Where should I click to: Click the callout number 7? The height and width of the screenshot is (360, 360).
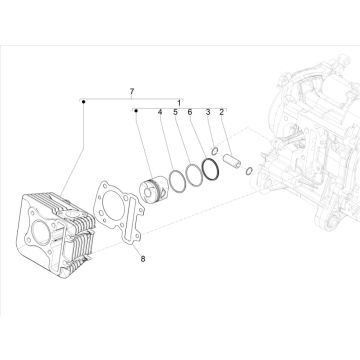[x=132, y=91]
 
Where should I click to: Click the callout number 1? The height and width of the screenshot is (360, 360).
[x=179, y=103]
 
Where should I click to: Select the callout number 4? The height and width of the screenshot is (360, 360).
[x=160, y=112]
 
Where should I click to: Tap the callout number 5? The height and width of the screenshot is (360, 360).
[x=175, y=112]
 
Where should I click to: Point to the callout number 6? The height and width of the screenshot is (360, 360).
[x=190, y=112]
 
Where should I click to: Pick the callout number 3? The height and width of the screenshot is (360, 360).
[x=208, y=112]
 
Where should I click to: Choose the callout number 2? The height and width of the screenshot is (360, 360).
[x=221, y=112]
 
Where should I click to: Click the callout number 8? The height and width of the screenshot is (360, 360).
[x=143, y=259]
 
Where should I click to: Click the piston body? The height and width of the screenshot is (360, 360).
[x=154, y=189]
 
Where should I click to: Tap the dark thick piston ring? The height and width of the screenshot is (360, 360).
[x=211, y=169]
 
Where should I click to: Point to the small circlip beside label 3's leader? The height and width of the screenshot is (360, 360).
[x=215, y=151]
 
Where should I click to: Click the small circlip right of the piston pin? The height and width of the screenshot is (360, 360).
[x=249, y=171]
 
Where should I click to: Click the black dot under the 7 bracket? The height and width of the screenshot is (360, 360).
[x=84, y=101]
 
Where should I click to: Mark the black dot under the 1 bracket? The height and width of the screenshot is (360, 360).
[x=136, y=111]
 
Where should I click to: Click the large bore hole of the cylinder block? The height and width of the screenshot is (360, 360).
[x=41, y=232]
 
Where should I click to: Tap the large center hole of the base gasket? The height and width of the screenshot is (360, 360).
[x=114, y=206]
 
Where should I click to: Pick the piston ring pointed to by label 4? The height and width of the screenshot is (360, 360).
[x=177, y=182]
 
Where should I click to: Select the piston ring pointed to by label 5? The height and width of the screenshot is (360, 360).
[x=194, y=175]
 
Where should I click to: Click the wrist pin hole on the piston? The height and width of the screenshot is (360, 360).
[x=147, y=192]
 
